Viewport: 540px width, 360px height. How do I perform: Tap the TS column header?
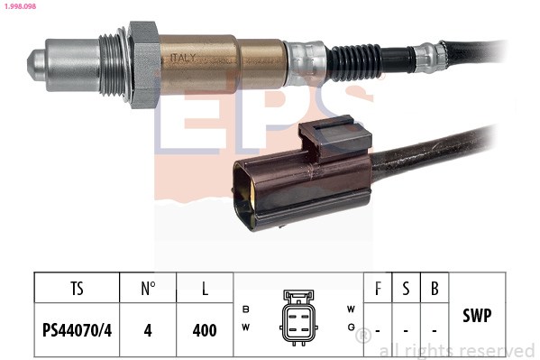point(76,290)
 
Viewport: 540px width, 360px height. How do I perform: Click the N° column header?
point(148,290)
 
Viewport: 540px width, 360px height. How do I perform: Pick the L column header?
point(206,290)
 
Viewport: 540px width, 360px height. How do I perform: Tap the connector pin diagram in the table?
point(298,317)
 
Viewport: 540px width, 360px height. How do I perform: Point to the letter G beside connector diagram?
point(351,328)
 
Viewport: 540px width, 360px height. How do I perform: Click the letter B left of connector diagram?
point(245,309)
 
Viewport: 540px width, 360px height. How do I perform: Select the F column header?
point(378,290)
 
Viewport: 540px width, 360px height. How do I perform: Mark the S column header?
point(407,290)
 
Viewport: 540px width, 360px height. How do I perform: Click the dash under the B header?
point(435,331)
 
